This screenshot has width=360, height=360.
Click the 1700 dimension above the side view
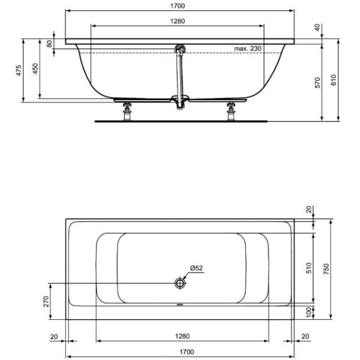pyautogui.click(x=178, y=6)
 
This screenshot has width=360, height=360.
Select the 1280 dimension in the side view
pyautogui.click(x=178, y=22)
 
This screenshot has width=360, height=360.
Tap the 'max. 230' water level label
pyautogui.click(x=248, y=49)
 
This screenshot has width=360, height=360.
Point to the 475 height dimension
pyautogui.click(x=19, y=70)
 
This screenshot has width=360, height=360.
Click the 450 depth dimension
pyautogui.click(x=35, y=68)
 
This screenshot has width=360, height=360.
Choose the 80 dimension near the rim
pyautogui.click(x=49, y=44)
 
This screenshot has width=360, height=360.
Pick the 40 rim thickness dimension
pyautogui.click(x=317, y=28)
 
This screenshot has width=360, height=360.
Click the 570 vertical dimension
pyautogui.click(x=317, y=83)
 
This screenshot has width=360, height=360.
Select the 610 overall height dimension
pyautogui.click(x=334, y=80)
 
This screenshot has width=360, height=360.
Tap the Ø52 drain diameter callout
pyautogui.click(x=197, y=268)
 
